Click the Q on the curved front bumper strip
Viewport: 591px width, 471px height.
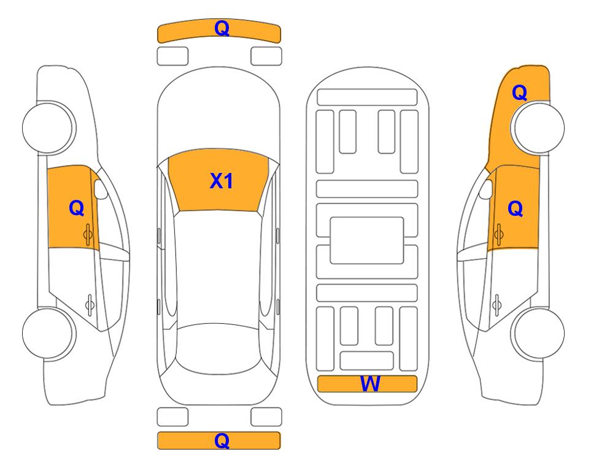coord(222,28)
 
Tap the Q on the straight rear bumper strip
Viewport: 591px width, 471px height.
coord(222,440)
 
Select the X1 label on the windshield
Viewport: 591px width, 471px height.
coord(222,181)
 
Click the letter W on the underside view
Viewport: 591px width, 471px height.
coord(370,384)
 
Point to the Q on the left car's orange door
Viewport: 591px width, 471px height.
coord(77,208)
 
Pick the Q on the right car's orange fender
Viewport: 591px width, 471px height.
coord(519,93)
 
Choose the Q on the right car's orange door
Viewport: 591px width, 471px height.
coord(516,209)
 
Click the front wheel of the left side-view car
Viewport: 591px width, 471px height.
coord(48,128)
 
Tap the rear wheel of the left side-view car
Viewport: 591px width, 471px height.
coord(48,334)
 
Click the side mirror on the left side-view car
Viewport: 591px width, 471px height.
coord(100,189)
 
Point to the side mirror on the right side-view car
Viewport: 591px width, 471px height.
coord(486,189)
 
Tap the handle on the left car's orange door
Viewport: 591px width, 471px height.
coord(88,234)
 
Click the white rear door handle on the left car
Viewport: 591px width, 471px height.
coord(90,304)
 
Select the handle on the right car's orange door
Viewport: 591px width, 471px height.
coord(498,234)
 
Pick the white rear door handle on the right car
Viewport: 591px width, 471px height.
coord(496,304)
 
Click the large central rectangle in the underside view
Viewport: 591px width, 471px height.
coord(367,240)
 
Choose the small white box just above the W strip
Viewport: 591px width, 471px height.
coord(367,361)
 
